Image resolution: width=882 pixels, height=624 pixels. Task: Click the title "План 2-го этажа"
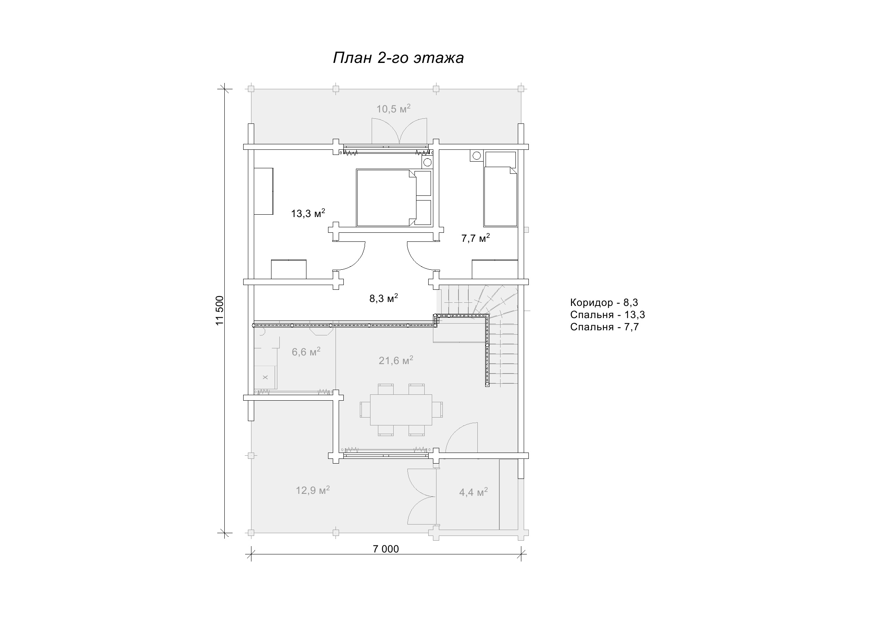398,58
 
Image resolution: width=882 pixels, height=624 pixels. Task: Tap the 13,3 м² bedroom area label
308,214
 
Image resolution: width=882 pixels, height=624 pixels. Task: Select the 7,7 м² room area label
475,238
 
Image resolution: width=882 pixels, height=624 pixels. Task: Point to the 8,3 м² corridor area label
384,298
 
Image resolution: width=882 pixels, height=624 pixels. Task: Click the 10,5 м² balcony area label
394,109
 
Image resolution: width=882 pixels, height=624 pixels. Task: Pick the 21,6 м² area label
396,360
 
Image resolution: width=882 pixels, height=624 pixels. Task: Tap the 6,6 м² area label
306,352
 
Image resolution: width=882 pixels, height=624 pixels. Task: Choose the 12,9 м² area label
313,490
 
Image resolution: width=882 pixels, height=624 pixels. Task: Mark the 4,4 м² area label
474,492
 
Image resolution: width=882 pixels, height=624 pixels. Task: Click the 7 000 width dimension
386,549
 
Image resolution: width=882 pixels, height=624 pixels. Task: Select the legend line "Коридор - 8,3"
604,302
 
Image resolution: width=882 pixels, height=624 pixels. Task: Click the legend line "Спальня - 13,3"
608,315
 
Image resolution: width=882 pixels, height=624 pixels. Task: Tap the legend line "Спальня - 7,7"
605,327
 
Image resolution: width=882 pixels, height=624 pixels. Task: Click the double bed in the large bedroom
386,198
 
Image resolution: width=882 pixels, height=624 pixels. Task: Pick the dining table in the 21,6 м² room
401,410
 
